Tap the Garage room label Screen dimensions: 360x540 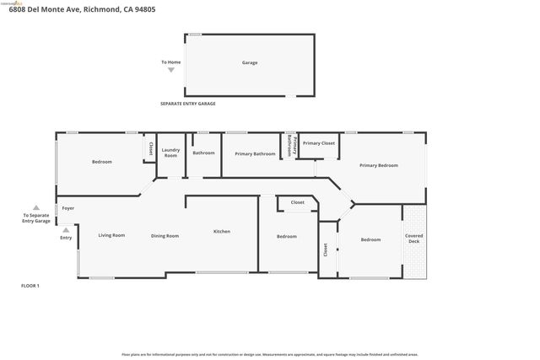[250, 62]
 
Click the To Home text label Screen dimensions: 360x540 [171, 62]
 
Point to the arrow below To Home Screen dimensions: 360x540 [171, 70]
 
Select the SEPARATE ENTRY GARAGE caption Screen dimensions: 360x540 [188, 104]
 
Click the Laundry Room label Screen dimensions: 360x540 [170, 153]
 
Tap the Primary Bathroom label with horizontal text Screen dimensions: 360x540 [255, 153]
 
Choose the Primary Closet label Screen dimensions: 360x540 [319, 143]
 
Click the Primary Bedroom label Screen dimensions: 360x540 [378, 165]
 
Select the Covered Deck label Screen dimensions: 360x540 [413, 239]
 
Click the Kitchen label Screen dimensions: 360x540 [221, 231]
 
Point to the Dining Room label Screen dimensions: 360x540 [165, 236]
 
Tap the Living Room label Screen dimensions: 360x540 [111, 235]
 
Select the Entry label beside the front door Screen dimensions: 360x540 [66, 238]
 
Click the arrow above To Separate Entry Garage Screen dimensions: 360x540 [35, 207]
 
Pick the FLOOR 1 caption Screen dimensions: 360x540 [30, 286]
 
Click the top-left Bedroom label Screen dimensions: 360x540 [101, 161]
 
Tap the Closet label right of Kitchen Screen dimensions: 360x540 [298, 202]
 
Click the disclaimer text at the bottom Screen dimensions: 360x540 [269, 354]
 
